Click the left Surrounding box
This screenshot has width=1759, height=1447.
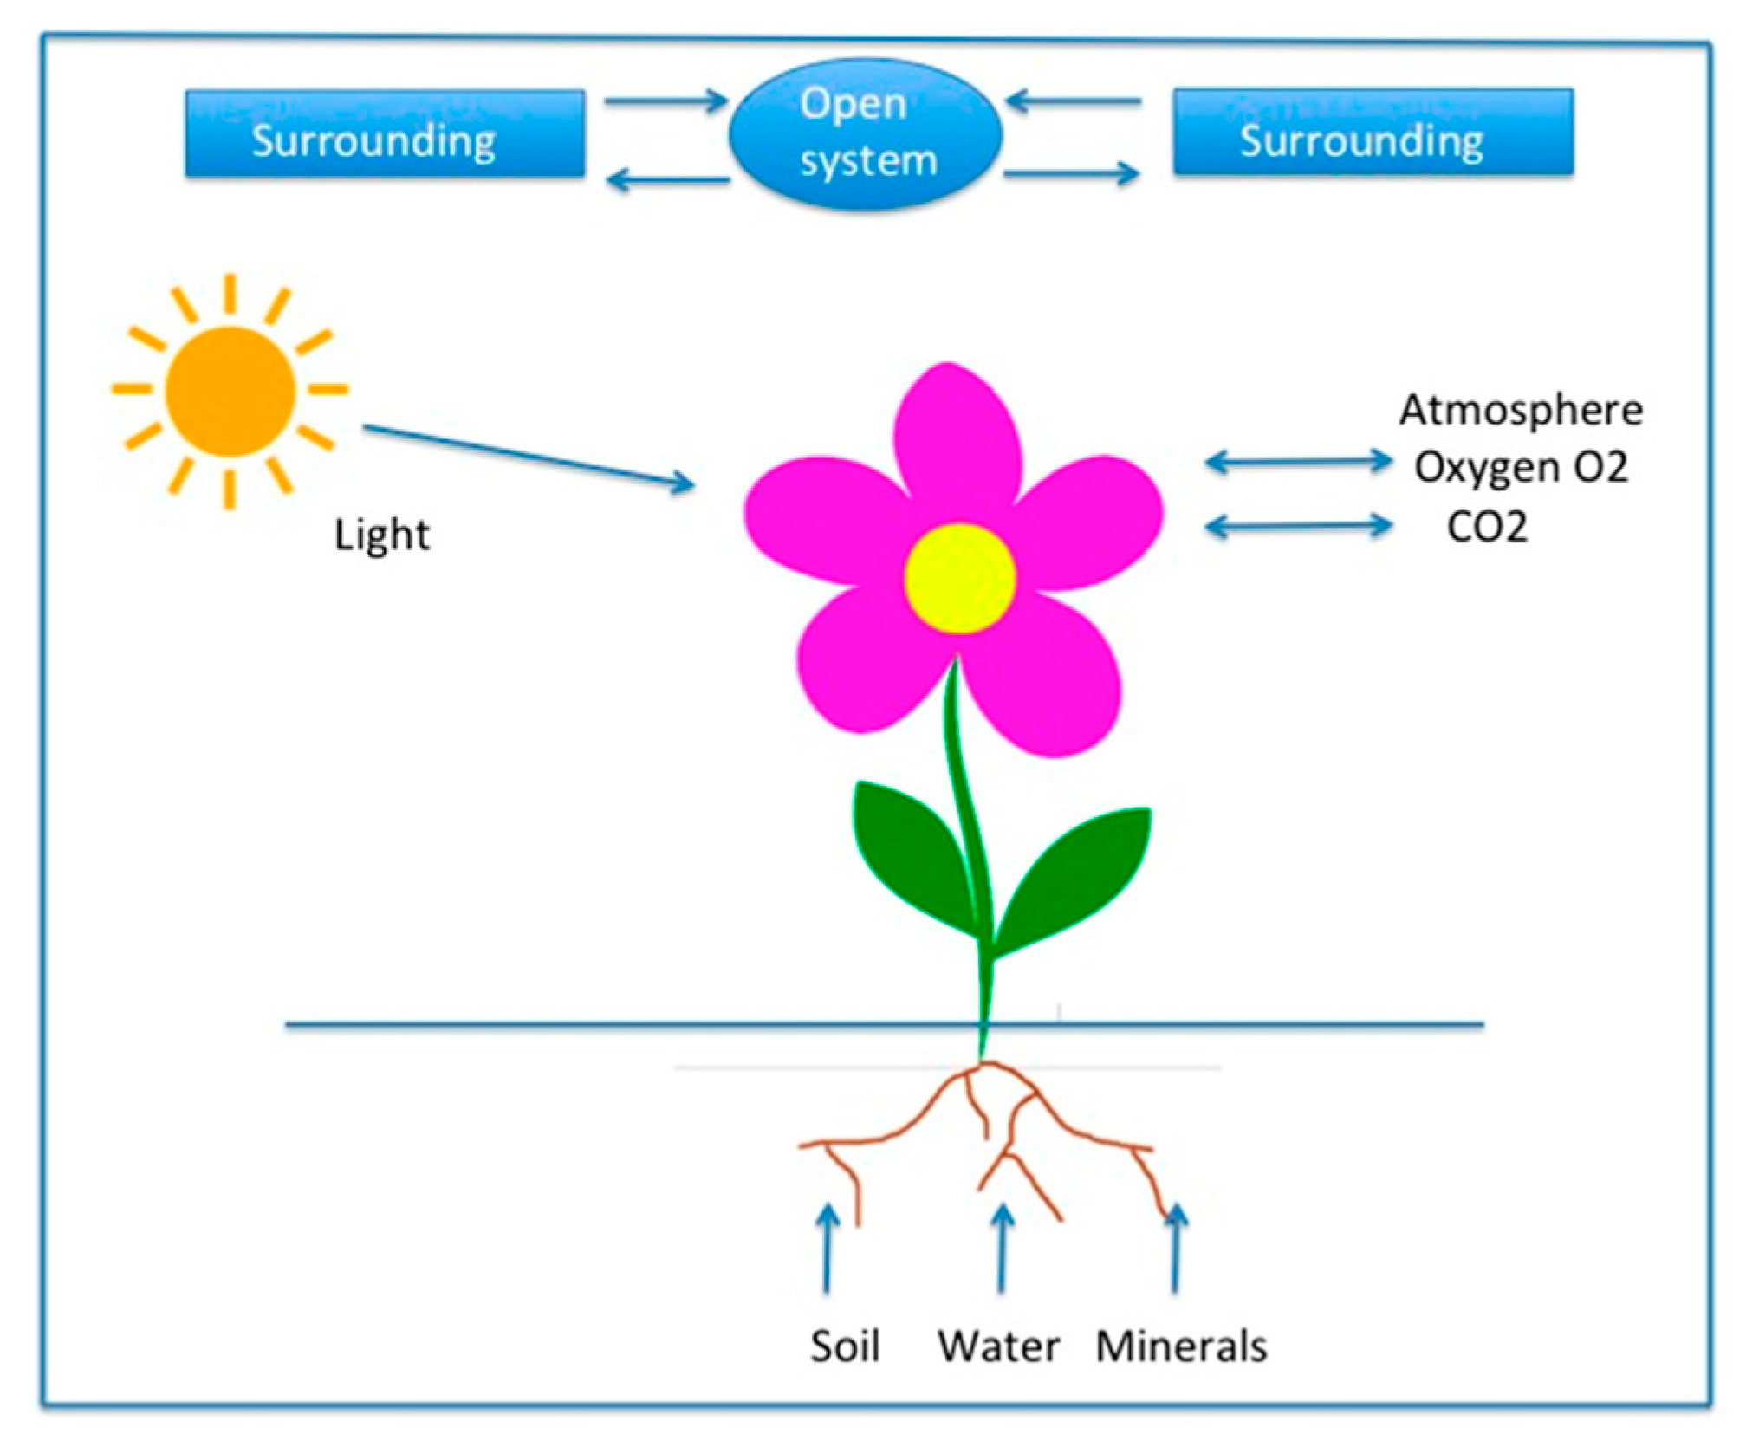point(385,133)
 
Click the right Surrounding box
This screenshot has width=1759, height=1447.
point(1373,132)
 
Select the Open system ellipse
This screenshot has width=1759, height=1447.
point(866,133)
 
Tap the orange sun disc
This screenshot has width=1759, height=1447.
point(230,392)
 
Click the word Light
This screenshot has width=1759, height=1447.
point(382,535)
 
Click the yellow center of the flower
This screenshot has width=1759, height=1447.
point(960,578)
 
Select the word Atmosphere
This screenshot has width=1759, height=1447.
point(1521,410)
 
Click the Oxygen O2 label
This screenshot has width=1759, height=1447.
point(1521,468)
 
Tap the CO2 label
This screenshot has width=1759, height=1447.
point(1487,526)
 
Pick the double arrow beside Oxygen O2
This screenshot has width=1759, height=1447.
point(1299,462)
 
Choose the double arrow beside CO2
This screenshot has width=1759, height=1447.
point(1299,526)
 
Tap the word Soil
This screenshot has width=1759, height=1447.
point(845,1346)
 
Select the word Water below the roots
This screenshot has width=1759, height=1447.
point(999,1346)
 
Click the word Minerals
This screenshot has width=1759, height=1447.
point(1181,1346)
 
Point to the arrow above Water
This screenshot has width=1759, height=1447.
point(1003,1249)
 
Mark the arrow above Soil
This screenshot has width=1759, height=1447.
point(828,1249)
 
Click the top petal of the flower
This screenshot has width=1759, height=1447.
point(956,442)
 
